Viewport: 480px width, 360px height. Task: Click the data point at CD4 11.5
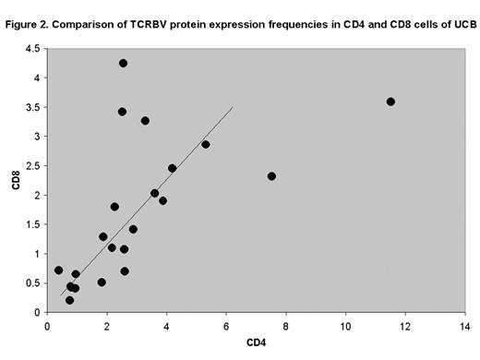[390, 102]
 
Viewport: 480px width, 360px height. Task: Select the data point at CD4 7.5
[271, 176]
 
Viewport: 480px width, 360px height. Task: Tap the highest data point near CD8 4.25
[123, 64]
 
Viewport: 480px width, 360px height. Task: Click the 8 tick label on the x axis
[286, 325]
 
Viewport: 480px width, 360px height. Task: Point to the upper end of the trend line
[233, 108]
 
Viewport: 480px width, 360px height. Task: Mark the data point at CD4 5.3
[206, 144]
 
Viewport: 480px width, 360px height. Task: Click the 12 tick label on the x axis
[405, 325]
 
